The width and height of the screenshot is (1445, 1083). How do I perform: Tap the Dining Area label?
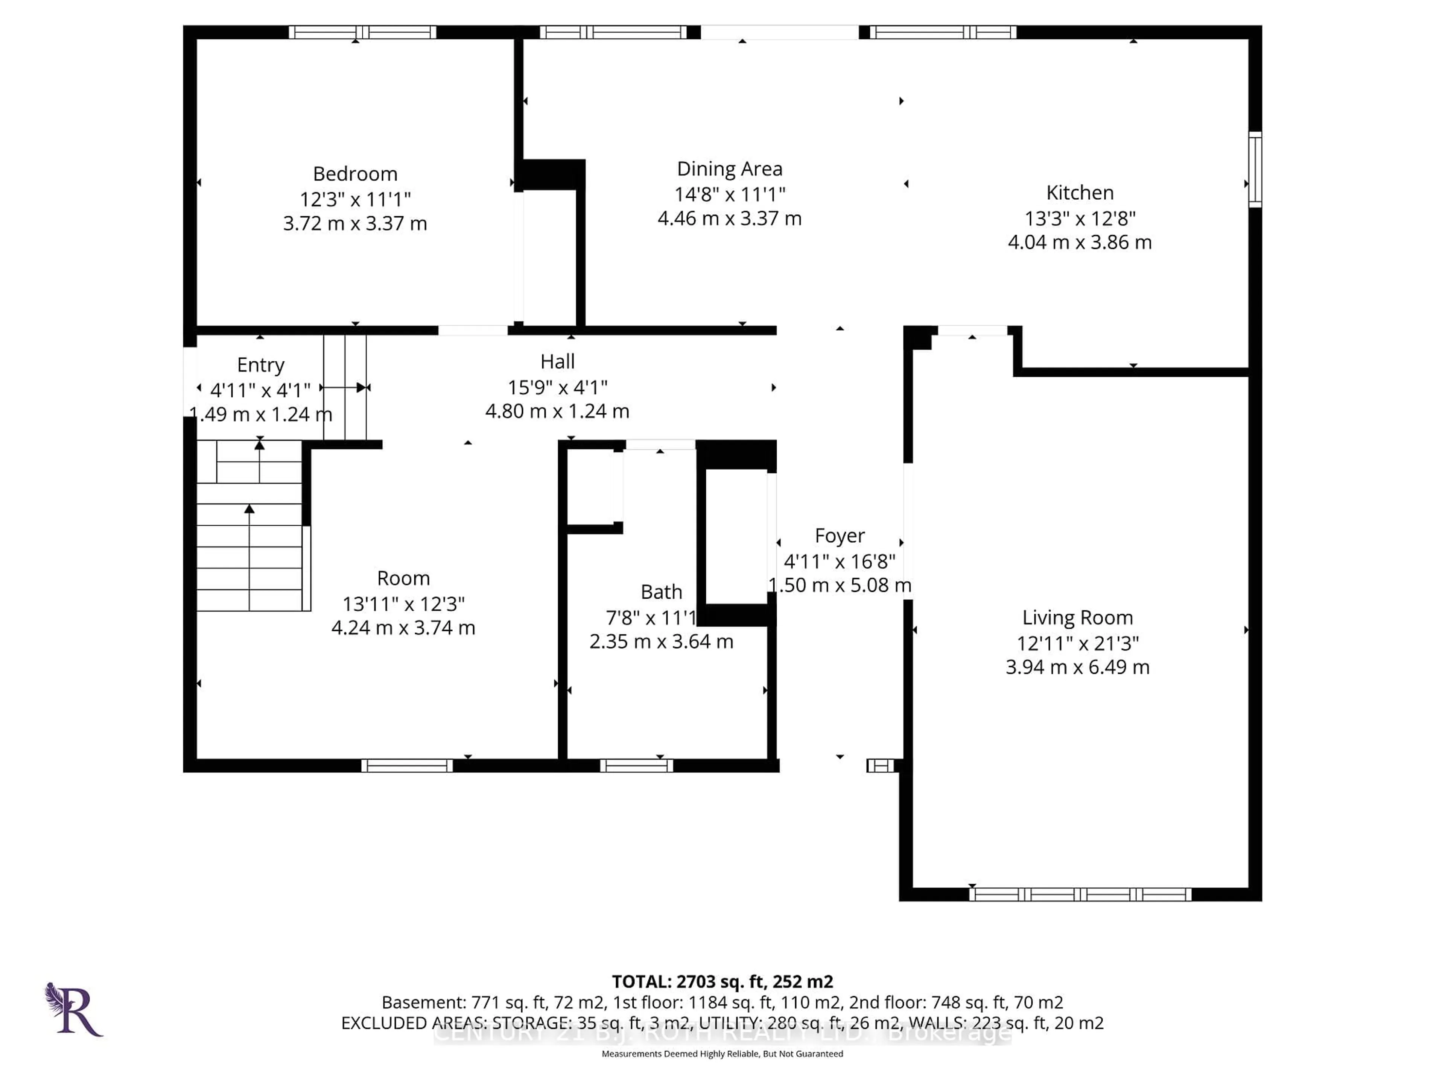click(729, 169)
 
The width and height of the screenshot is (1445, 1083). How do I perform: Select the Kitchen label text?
click(1079, 193)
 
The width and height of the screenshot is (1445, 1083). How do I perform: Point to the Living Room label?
click(1077, 617)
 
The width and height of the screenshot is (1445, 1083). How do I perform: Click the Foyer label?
click(840, 536)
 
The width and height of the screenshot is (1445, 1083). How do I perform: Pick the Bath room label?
click(661, 592)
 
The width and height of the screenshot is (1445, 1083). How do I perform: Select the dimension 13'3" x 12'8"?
click(1079, 218)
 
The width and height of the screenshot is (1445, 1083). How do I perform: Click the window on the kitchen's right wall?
click(1254, 170)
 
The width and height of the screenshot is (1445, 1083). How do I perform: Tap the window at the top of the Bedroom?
click(362, 32)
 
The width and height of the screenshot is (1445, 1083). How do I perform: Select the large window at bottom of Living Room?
click(1080, 894)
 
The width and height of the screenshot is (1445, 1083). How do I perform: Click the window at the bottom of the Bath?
click(636, 766)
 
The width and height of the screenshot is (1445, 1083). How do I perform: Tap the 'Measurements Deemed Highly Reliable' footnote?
click(722, 1054)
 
